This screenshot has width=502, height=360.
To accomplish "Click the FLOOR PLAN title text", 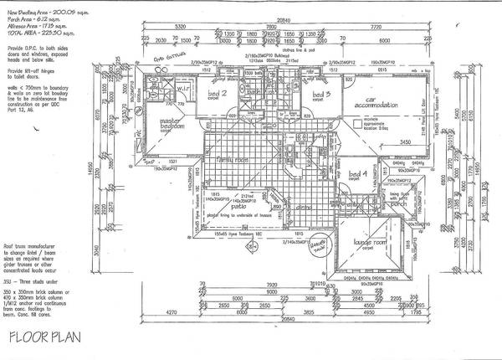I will [x=44, y=339].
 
